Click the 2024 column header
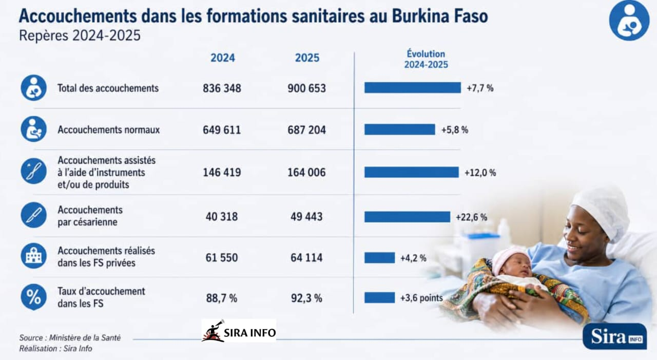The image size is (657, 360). (223, 58)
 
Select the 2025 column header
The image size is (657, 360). (307, 58)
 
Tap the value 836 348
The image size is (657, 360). (222, 88)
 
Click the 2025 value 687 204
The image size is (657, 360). (306, 130)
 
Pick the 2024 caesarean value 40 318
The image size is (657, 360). (221, 217)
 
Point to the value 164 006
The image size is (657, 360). (306, 172)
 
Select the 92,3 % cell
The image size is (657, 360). (306, 298)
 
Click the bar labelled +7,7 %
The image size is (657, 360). (413, 88)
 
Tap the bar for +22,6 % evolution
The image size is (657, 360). (408, 217)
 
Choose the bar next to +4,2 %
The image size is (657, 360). (379, 258)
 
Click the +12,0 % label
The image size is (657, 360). (480, 173)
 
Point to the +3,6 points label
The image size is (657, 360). (421, 298)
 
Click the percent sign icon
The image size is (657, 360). (34, 297)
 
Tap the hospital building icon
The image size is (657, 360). (34, 256)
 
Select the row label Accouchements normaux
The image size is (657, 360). (108, 130)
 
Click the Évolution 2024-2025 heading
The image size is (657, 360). (426, 59)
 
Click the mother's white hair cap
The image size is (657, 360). (601, 213)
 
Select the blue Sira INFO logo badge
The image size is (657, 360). (615, 336)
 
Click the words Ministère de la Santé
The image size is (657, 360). (85, 338)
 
